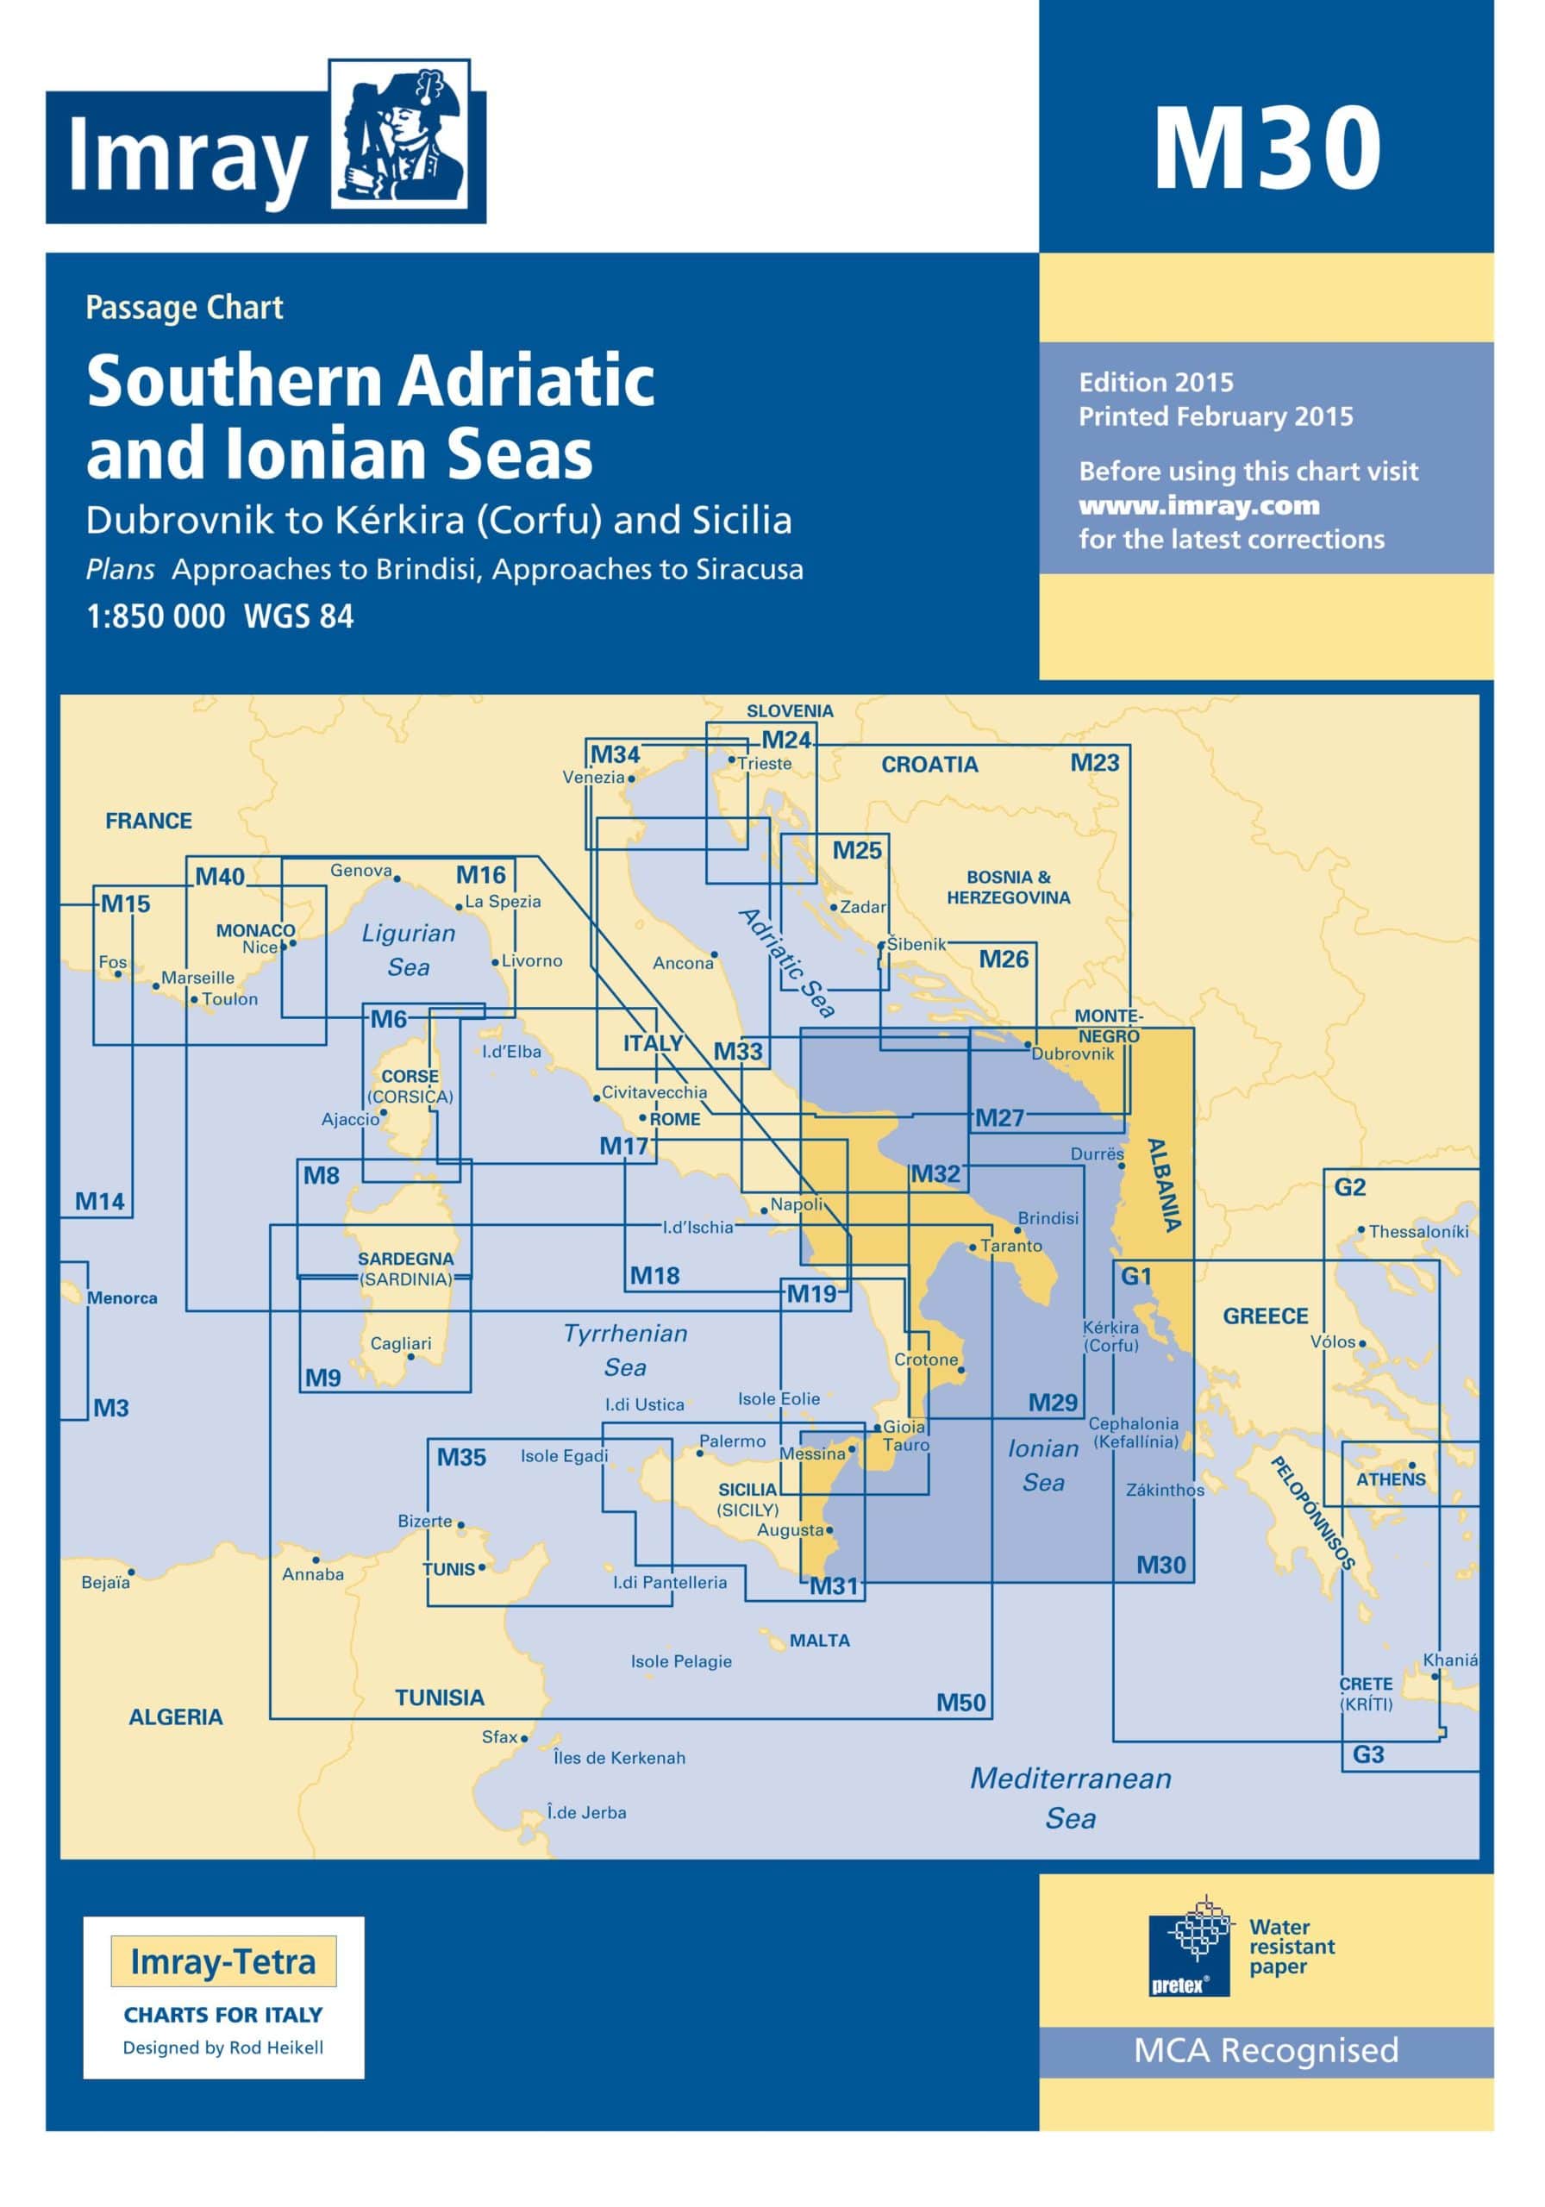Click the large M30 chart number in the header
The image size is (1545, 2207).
click(x=1267, y=149)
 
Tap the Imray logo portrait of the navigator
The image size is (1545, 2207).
click(x=400, y=134)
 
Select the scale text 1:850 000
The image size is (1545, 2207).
click(x=156, y=616)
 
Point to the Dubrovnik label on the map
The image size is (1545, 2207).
click(x=1072, y=1053)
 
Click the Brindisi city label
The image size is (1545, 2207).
click(x=1047, y=1218)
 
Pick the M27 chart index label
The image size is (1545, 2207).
click(x=999, y=1117)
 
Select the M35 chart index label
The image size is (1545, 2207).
click(x=461, y=1457)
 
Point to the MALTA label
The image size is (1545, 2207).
click(x=819, y=1641)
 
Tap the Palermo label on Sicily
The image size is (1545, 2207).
click(x=732, y=1441)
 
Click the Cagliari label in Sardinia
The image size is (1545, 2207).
click(x=401, y=1343)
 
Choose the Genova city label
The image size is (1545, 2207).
click(x=360, y=870)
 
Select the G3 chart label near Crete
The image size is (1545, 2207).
click(x=1367, y=1754)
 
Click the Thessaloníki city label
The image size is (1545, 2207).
click(x=1418, y=1231)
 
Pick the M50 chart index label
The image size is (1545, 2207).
click(x=960, y=1703)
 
